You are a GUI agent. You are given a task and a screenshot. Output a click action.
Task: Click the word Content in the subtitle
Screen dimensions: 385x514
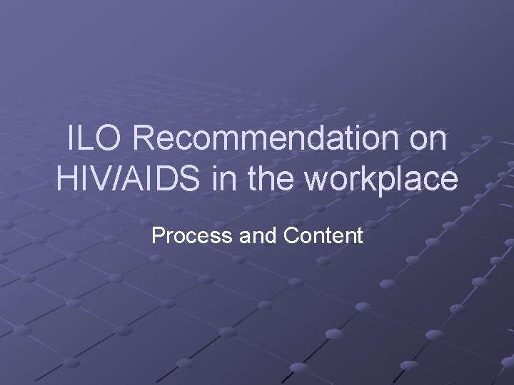(324, 235)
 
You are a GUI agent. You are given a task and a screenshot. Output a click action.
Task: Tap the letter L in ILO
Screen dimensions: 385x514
(89, 138)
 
